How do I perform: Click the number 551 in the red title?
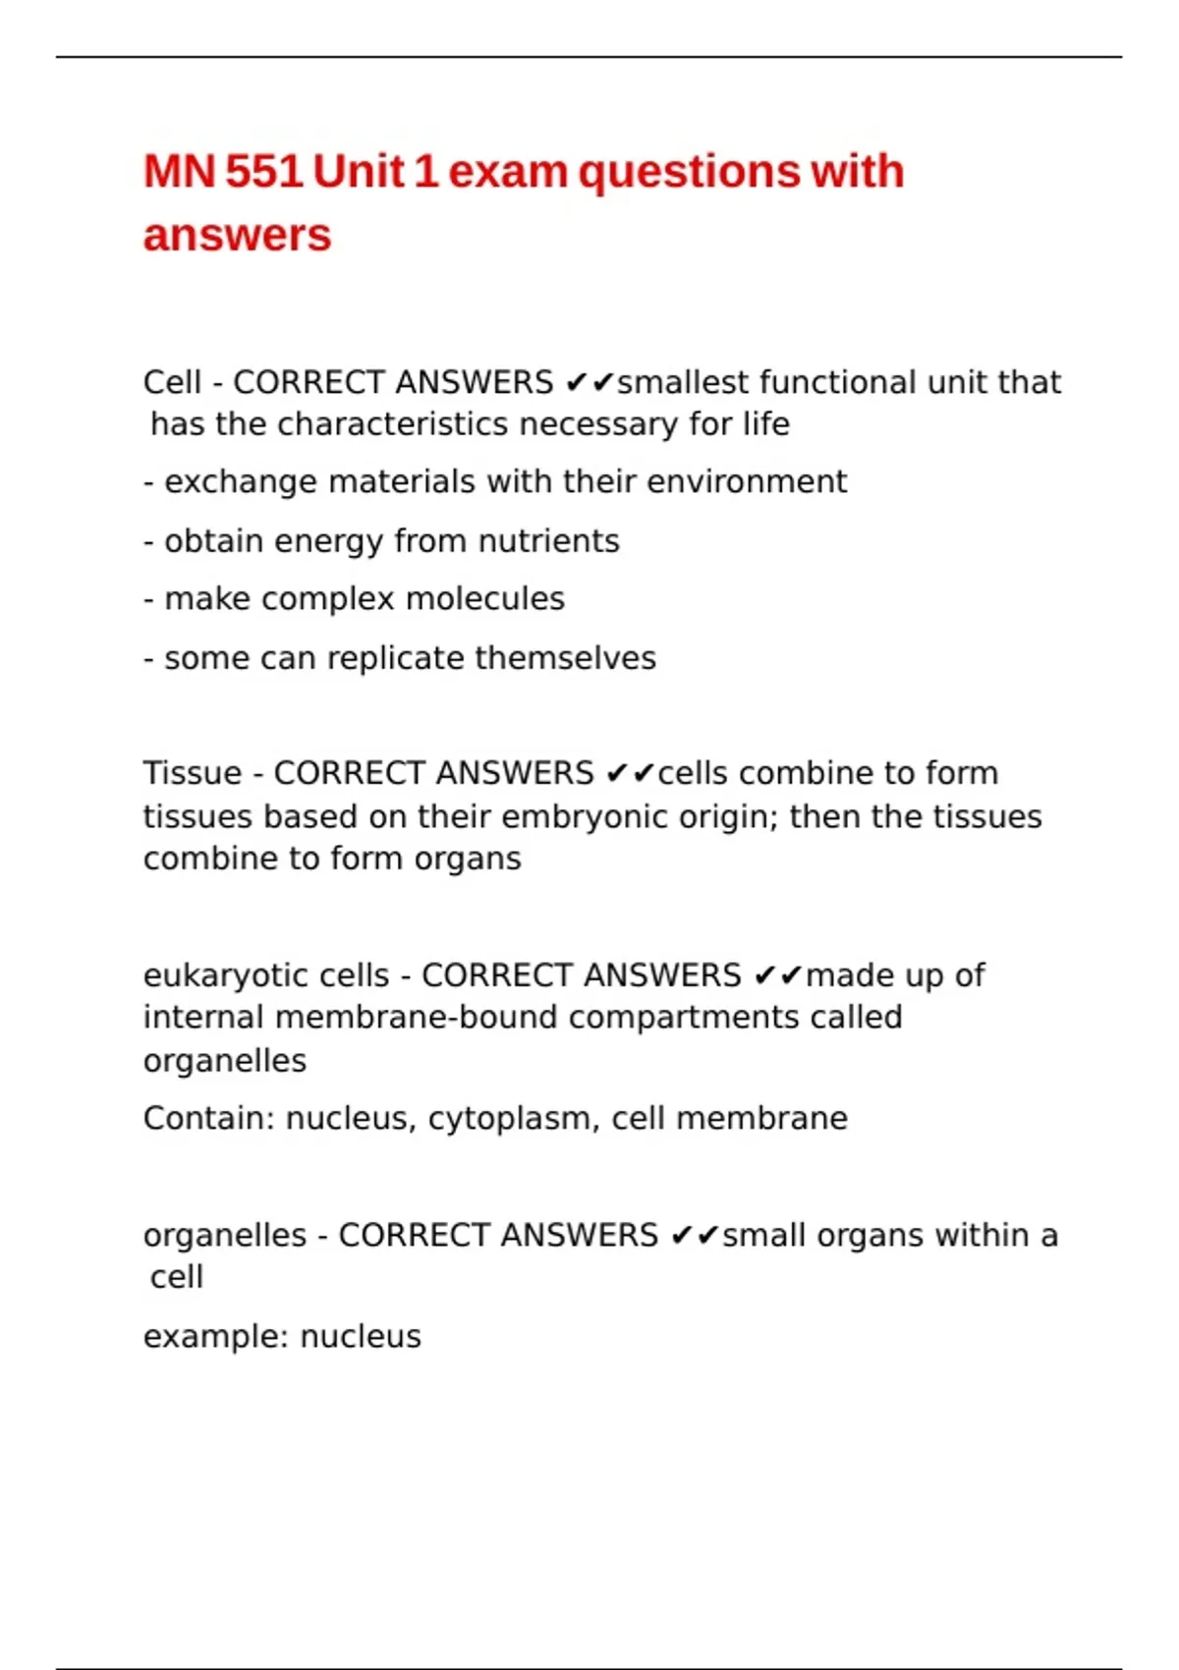click(x=263, y=172)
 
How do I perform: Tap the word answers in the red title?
click(x=238, y=236)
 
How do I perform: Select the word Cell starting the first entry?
click(x=172, y=382)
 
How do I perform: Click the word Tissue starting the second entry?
click(x=192, y=773)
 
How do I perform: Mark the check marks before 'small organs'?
click(x=695, y=1236)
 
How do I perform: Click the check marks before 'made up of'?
click(x=778, y=975)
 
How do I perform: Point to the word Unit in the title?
click(x=359, y=172)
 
